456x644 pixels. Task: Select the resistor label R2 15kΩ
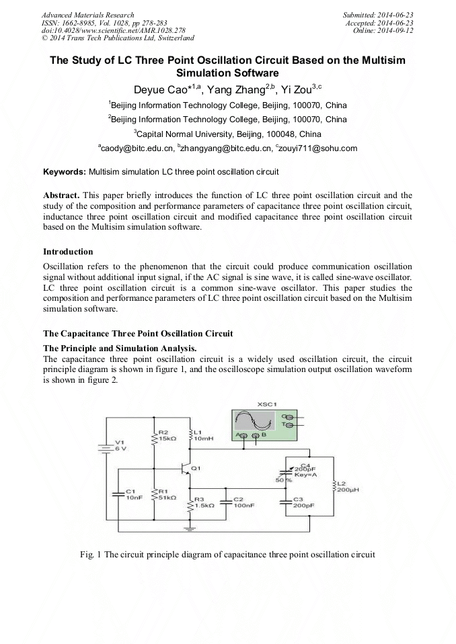[x=167, y=434]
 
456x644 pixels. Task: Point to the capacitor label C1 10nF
[x=132, y=494]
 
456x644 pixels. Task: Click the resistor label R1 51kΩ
[x=167, y=494]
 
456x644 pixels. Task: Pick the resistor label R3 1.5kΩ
[x=204, y=503]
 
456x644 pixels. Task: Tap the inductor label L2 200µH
[x=346, y=487]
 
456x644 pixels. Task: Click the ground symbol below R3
[x=190, y=530]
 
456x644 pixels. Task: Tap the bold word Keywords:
[x=65, y=172]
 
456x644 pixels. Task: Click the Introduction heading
[x=68, y=252]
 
